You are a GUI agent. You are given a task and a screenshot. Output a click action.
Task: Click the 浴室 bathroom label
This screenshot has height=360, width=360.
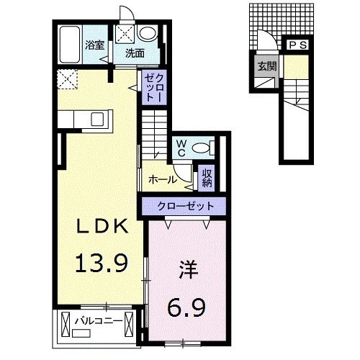point(94,45)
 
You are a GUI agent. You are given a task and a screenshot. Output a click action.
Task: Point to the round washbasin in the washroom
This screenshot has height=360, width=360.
point(148,33)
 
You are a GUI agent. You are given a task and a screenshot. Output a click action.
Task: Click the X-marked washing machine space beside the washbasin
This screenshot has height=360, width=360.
point(125,33)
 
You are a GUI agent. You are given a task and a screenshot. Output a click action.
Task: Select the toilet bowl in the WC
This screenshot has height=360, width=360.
point(204,148)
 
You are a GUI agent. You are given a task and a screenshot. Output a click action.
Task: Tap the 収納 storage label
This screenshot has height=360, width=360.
point(207,176)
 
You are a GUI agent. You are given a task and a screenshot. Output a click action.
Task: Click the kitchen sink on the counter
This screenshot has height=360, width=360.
point(98,117)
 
